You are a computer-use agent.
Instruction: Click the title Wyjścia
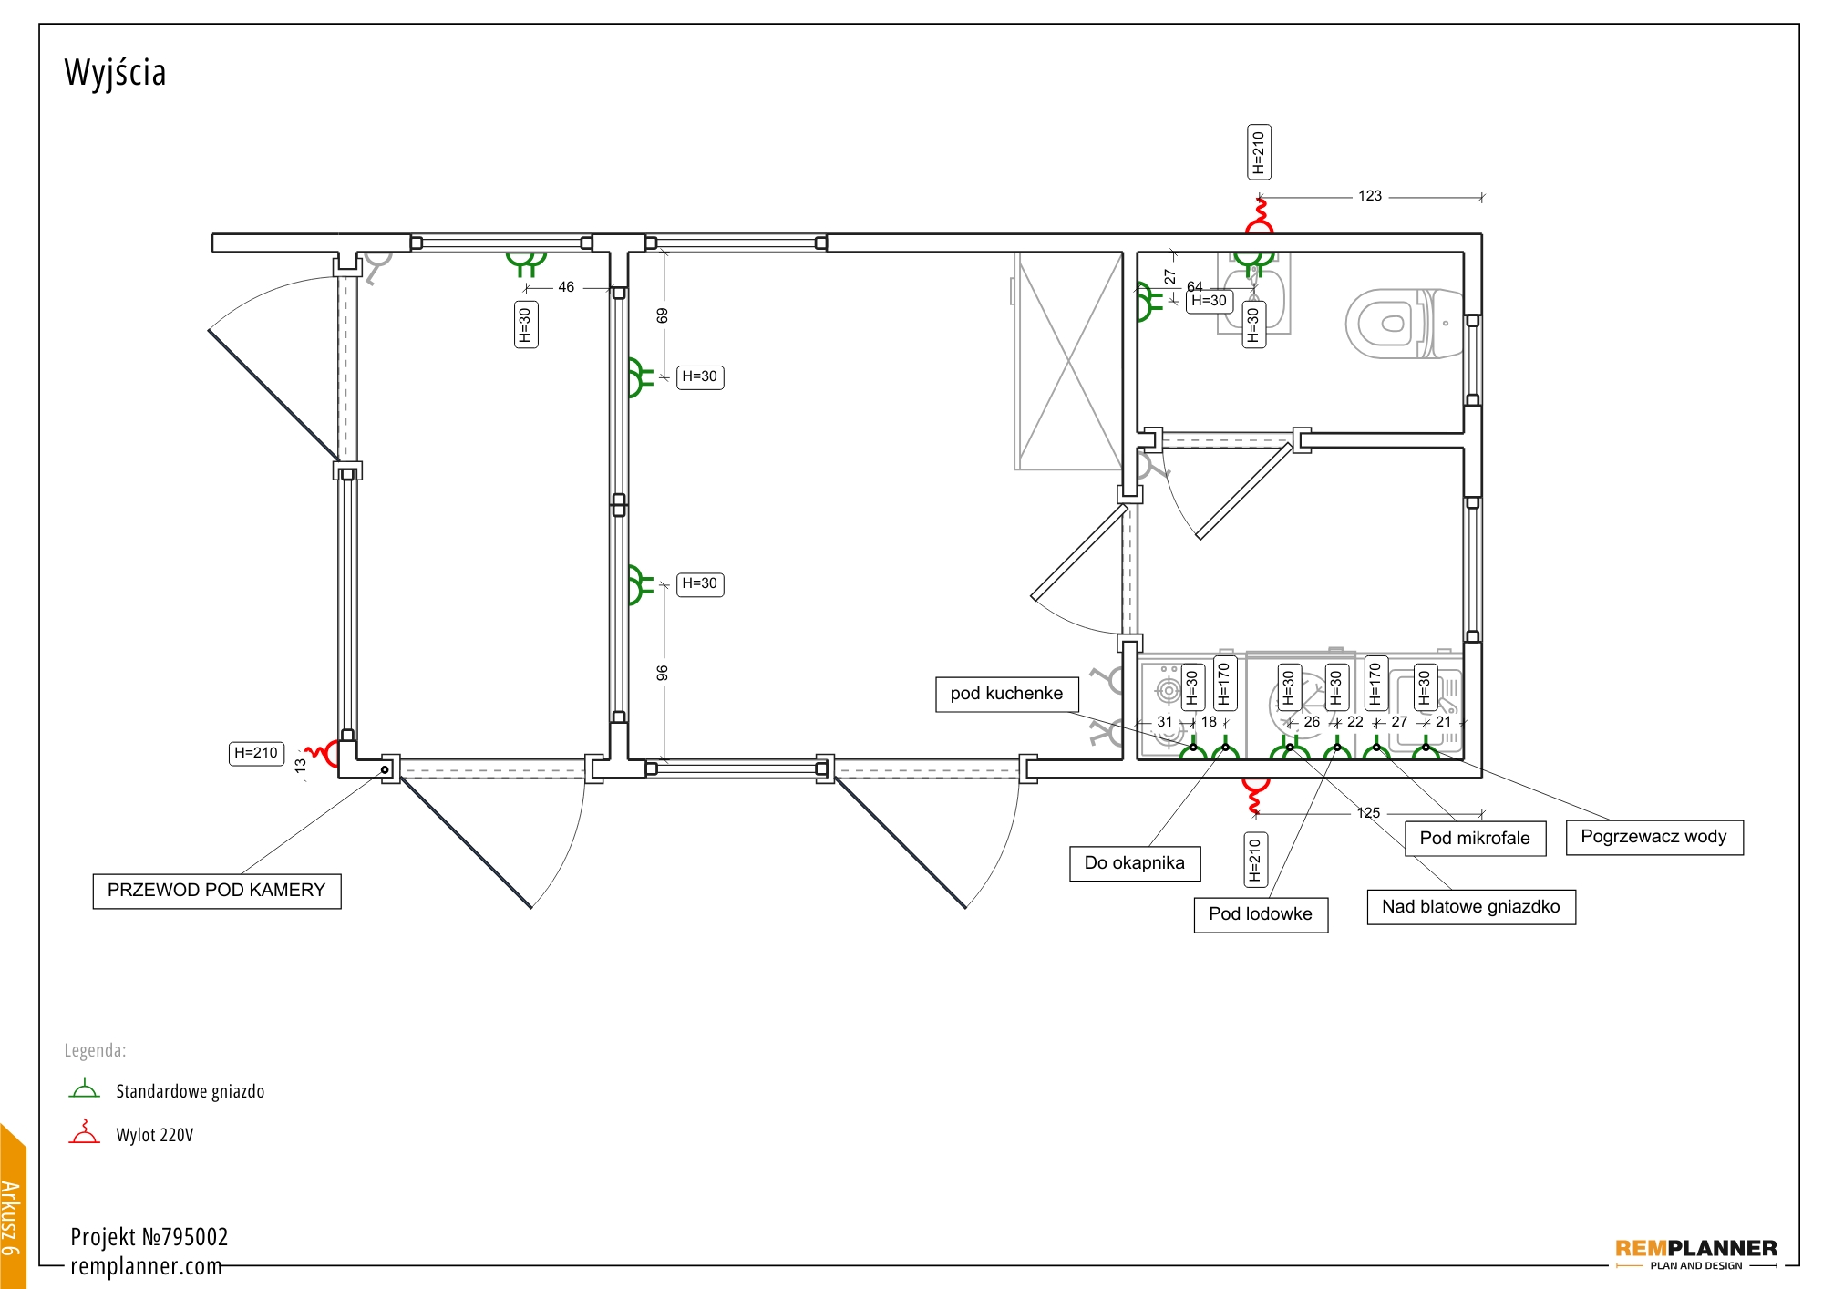click(115, 73)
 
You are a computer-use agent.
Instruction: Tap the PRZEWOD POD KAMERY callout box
click(217, 891)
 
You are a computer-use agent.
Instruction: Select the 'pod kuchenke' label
click(1006, 694)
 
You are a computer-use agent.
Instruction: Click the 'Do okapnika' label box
click(1135, 863)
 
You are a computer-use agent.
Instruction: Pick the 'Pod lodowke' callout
click(1261, 914)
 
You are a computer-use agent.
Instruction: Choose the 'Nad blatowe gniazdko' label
click(1471, 907)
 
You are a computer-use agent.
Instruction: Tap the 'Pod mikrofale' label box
click(1475, 839)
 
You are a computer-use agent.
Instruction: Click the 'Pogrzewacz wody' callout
click(1654, 837)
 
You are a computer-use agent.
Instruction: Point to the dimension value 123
click(1370, 196)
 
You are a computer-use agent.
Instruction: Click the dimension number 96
click(663, 673)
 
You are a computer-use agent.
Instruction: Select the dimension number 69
click(663, 315)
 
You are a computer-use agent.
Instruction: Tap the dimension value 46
click(566, 287)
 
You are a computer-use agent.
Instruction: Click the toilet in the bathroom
click(1405, 324)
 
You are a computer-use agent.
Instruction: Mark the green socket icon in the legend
click(85, 1088)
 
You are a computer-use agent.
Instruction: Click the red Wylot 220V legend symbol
click(85, 1131)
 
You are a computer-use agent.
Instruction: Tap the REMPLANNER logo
click(1696, 1253)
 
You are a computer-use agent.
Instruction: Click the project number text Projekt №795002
click(149, 1237)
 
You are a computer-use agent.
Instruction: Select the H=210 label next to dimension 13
click(256, 753)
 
